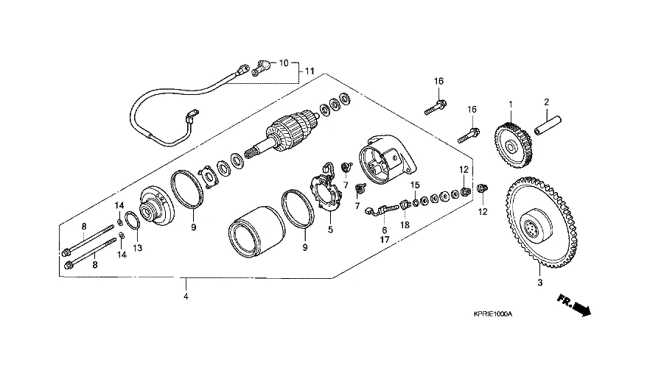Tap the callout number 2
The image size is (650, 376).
(x=547, y=102)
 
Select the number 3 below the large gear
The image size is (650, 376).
(x=539, y=283)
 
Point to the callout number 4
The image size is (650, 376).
(x=186, y=297)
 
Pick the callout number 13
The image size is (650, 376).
(x=137, y=248)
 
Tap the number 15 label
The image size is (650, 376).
(x=415, y=185)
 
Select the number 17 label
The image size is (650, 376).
(x=384, y=240)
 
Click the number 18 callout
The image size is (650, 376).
(x=405, y=224)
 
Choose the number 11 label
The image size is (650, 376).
(x=310, y=71)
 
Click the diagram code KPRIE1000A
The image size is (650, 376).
(x=492, y=314)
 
